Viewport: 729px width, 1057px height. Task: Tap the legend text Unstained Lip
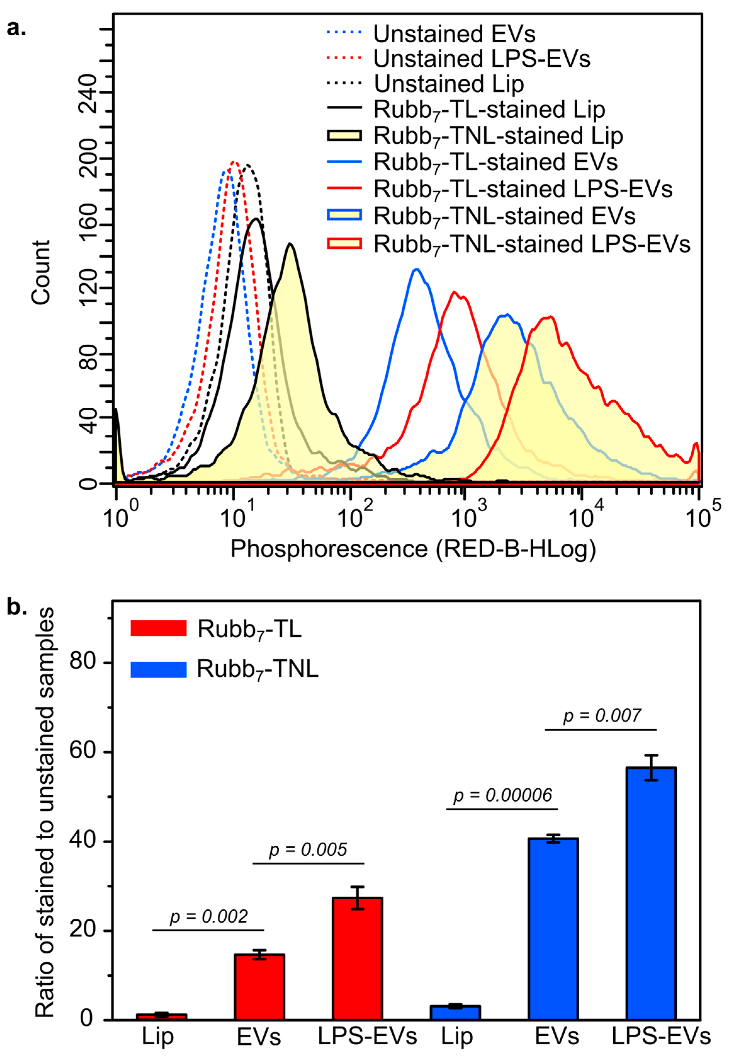click(x=449, y=84)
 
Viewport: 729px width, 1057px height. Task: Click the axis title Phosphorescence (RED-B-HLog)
click(x=413, y=549)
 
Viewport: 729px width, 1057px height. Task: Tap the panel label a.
click(x=16, y=28)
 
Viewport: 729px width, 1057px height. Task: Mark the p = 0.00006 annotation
click(x=502, y=796)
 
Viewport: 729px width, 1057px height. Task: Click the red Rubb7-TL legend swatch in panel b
click(x=159, y=628)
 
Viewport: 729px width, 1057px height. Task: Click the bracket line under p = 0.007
click(x=601, y=730)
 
